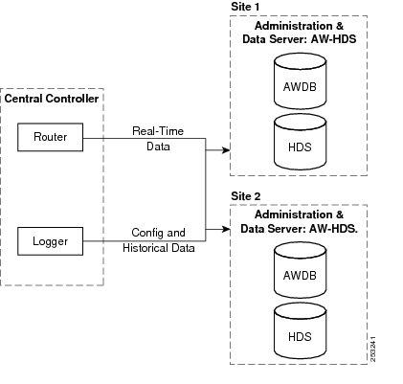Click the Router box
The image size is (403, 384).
tap(51, 138)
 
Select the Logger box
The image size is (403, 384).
tap(51, 240)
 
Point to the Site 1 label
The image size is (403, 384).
tap(245, 7)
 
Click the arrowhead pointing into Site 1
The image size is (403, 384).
tap(225, 150)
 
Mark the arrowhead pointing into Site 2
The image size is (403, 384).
tap(225, 231)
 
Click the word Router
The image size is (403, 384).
tap(51, 138)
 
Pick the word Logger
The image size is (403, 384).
tap(51, 240)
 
